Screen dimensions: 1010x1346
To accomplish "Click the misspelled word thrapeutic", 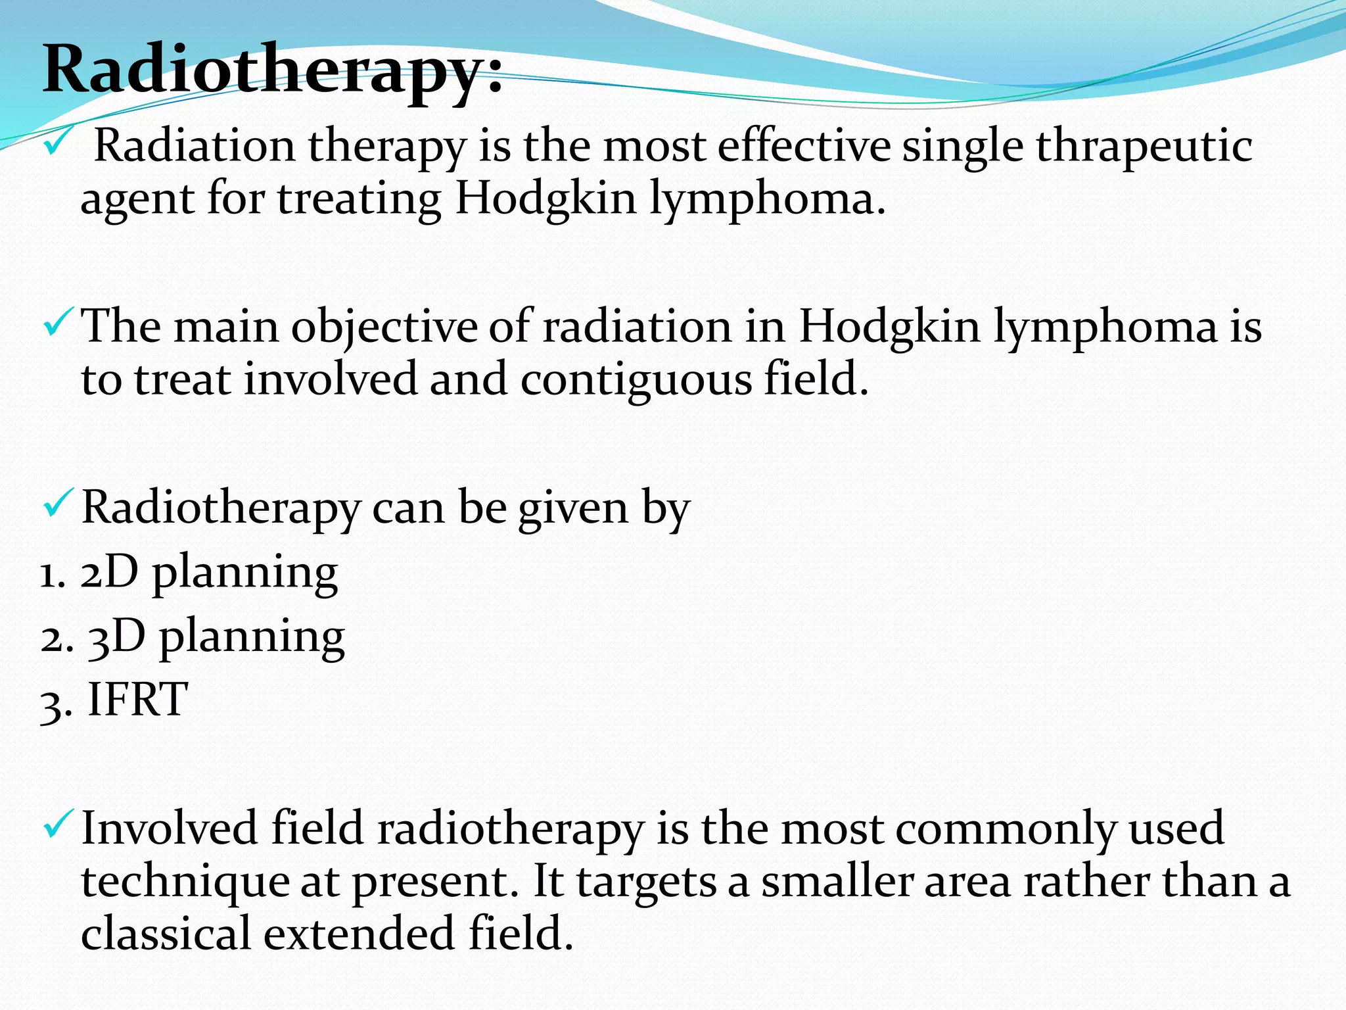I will [x=1144, y=147].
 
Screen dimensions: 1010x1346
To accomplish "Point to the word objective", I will [x=384, y=327].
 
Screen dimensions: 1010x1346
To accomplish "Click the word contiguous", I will [x=636, y=380].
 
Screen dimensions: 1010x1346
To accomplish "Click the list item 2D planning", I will [x=209, y=572].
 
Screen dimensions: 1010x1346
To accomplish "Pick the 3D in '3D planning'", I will [x=116, y=637].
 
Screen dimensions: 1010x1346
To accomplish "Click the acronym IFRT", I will [x=138, y=700].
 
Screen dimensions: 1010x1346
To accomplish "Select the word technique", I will [x=185, y=882].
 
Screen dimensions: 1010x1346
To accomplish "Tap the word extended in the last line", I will [x=359, y=934].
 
